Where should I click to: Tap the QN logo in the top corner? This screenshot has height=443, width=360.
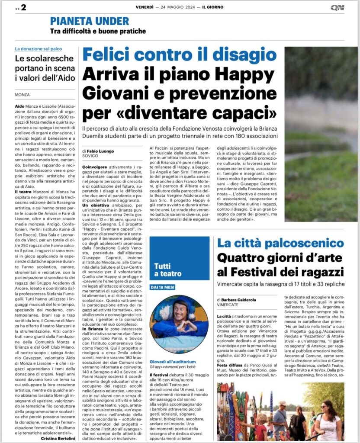[337, 7]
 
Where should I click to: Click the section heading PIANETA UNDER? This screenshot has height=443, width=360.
[90, 21]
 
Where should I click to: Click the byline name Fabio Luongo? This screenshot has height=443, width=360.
[100, 151]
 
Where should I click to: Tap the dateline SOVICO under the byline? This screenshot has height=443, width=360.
[90, 156]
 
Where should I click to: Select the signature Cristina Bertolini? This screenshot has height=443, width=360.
[58, 438]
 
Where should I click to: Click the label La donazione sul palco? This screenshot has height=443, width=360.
[38, 49]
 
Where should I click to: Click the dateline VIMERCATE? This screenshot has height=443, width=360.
[230, 305]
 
